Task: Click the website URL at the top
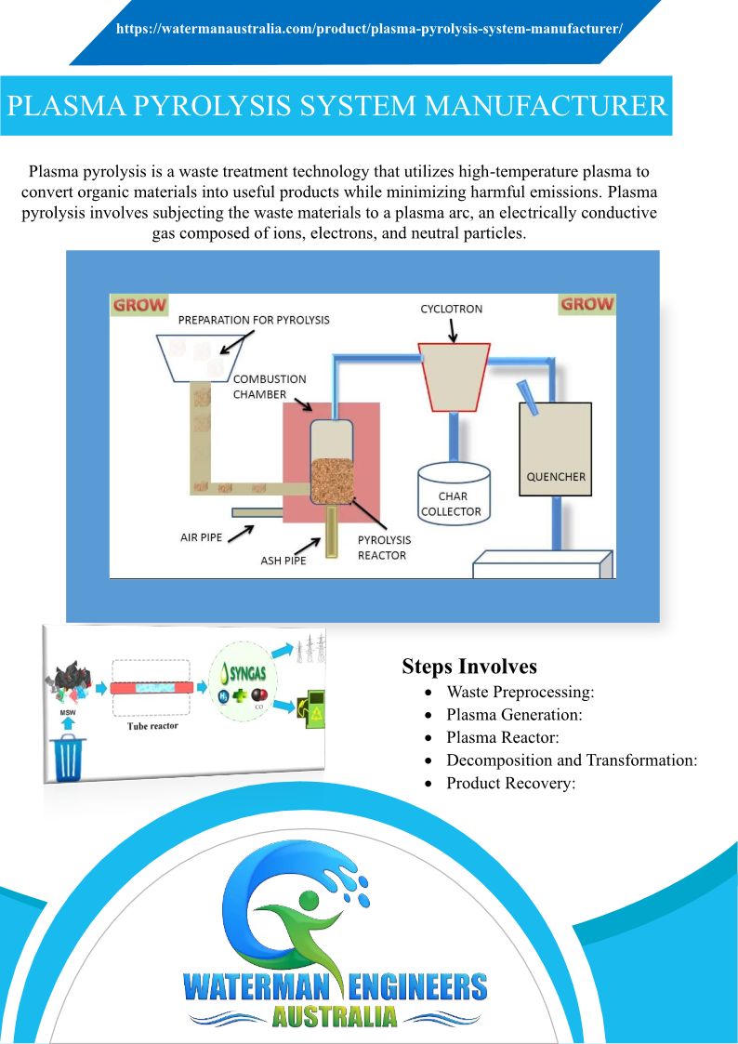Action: point(369,29)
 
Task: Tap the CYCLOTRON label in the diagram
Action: point(452,309)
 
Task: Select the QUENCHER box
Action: point(556,449)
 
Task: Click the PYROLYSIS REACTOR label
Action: point(384,548)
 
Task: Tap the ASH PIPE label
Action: point(283,561)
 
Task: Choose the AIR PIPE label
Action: point(201,537)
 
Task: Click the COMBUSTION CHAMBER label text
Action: point(269,387)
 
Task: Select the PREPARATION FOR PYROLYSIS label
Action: point(254,320)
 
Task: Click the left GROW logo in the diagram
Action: point(139,305)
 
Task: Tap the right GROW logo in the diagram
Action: point(586,304)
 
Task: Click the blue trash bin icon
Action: point(70,758)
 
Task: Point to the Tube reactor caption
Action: point(152,726)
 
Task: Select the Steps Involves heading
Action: point(469,667)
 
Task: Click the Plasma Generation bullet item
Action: point(514,715)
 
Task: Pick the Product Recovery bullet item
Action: point(511,783)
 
